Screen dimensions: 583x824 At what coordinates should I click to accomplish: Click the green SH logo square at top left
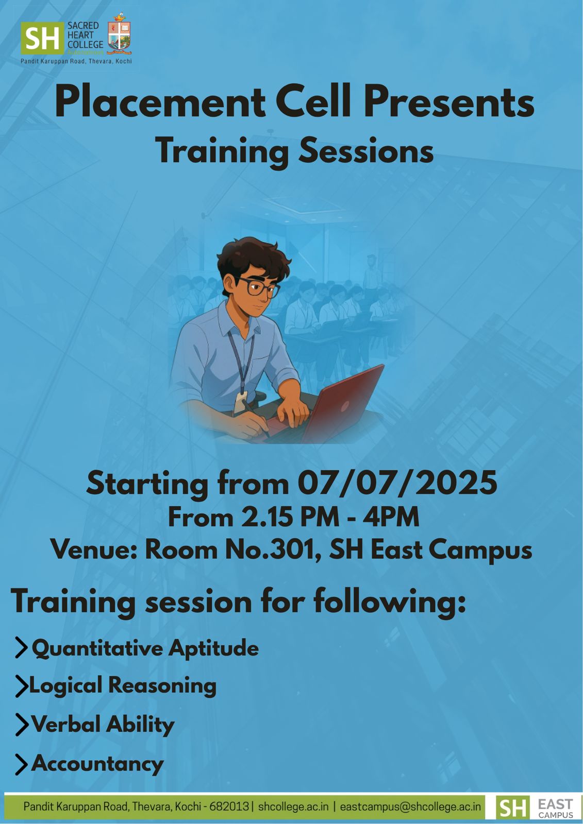coord(42,38)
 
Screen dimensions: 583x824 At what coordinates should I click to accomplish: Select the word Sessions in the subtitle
coord(365,151)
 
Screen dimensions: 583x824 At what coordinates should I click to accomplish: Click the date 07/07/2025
coord(397,483)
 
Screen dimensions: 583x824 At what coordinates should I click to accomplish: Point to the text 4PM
coord(391,517)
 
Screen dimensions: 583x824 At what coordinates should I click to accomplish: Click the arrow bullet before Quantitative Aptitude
coord(21,648)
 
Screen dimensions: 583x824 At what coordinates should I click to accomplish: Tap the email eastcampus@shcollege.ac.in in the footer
coord(410,806)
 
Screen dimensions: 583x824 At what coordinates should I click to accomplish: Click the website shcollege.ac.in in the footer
coord(293,806)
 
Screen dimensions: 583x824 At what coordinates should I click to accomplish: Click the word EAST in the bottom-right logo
coord(555,804)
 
